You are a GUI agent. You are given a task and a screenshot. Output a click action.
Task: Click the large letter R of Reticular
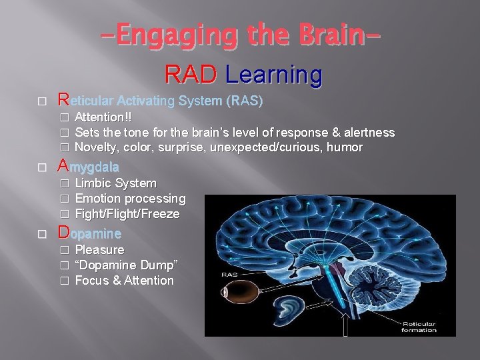click(x=63, y=100)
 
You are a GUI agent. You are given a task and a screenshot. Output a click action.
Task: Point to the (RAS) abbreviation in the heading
click(x=245, y=101)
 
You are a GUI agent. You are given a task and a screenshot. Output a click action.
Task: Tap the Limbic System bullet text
click(x=115, y=183)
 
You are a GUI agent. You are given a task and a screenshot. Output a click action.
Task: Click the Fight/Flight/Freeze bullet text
click(x=127, y=214)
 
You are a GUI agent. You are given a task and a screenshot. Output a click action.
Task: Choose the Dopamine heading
click(x=89, y=233)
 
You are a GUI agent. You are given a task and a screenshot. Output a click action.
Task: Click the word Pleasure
click(x=99, y=250)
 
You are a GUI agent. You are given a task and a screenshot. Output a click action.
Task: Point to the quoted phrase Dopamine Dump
click(x=126, y=265)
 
